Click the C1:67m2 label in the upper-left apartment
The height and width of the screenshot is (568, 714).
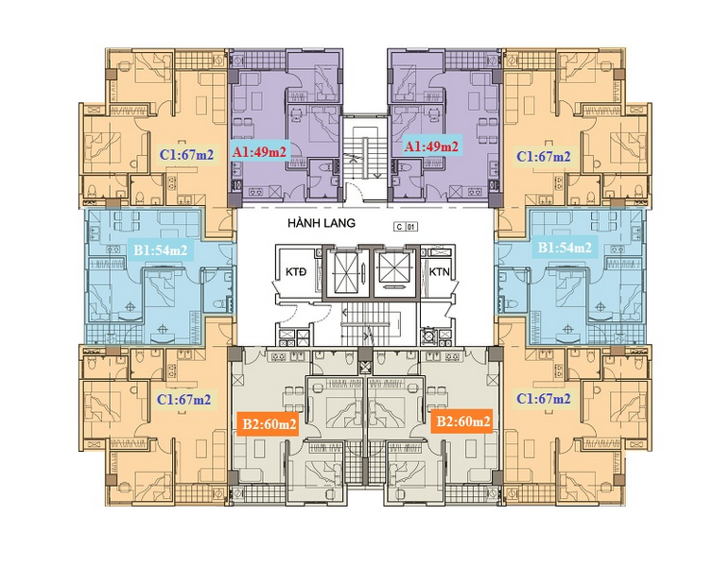coord(186,155)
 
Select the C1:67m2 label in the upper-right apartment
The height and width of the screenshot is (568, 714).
coord(543,157)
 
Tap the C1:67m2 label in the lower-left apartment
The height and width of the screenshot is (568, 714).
coord(184,400)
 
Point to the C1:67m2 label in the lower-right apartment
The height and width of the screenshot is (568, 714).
coord(543,399)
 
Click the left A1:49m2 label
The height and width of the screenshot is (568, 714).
coord(259,151)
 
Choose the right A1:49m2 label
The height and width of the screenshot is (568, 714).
coord(431,146)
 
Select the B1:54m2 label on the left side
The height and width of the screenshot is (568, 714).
coord(160,250)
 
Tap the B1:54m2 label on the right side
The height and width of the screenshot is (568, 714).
coord(565,247)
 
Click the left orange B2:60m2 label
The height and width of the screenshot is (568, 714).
coord(270,424)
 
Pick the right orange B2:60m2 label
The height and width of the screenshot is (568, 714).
coord(463,422)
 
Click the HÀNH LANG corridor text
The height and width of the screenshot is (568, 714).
coord(322,223)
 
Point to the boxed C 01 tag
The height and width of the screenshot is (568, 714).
coord(407,227)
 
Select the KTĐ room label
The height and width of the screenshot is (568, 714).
coord(296,272)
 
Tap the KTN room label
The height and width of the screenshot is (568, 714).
coord(440,272)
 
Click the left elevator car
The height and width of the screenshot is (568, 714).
coord(347,272)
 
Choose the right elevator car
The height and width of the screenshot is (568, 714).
coord(394,272)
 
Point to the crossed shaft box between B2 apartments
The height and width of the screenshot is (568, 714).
coord(365,367)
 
